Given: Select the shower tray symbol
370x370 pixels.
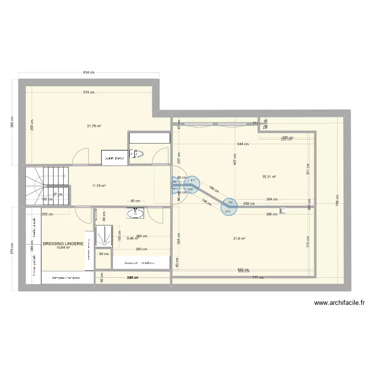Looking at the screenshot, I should [104, 236].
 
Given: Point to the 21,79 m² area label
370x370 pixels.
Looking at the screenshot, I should [94, 126].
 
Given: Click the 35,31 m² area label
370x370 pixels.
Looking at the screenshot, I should [269, 177].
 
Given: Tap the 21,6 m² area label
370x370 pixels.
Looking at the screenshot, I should [240, 239].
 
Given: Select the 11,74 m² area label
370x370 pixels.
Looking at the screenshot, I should [99, 185].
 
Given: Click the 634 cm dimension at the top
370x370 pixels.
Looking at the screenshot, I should [89, 73].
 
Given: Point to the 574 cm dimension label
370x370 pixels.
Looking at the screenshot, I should [89, 92].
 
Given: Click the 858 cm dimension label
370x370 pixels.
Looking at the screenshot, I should [249, 203].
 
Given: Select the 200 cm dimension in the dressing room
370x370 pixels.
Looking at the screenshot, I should [47, 215].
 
